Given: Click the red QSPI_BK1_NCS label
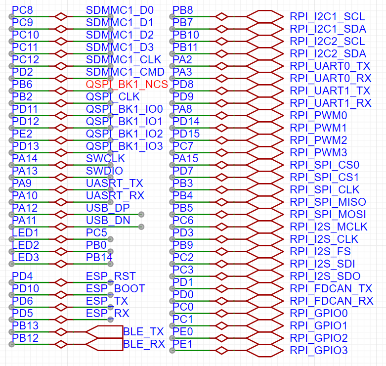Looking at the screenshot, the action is [127, 85].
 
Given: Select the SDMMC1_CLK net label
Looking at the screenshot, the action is [124, 60].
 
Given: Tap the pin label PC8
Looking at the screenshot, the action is [22, 10].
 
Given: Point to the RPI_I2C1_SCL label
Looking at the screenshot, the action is [327, 17].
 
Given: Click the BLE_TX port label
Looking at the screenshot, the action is [143, 332].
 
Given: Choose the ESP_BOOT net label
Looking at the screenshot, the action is [116, 289].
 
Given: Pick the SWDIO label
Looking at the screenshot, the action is [104, 171].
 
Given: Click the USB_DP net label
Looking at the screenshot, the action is [108, 208].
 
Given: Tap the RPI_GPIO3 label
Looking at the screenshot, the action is [319, 351].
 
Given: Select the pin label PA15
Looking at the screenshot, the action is [185, 159].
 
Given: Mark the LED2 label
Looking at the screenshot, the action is [26, 245].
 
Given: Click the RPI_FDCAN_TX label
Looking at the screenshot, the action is [331, 289].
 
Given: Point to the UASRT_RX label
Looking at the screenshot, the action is [115, 196].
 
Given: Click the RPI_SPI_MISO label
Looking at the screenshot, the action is [328, 202].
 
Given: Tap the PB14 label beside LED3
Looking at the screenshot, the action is [99, 258].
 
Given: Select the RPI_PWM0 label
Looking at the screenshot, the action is [318, 116].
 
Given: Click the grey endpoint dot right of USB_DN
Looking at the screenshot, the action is [141, 227].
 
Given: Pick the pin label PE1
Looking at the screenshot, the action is [182, 344].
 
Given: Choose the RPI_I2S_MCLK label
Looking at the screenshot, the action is [329, 227].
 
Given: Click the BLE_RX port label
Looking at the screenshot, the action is [144, 344].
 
